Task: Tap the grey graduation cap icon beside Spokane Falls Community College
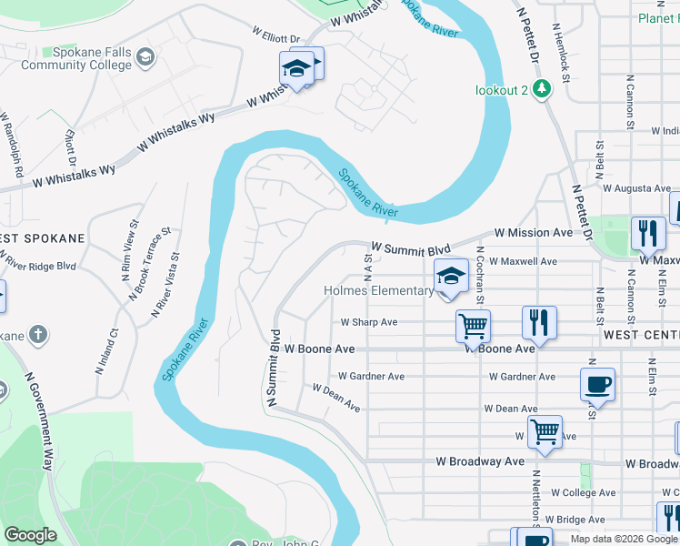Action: pyautogui.click(x=144, y=59)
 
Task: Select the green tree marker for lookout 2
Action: pyautogui.click(x=543, y=88)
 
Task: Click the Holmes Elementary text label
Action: pyautogui.click(x=379, y=291)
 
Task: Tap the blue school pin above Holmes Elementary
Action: pyautogui.click(x=451, y=276)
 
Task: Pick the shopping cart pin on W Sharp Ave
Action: pyautogui.click(x=473, y=325)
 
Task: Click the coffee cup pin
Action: pyautogui.click(x=597, y=384)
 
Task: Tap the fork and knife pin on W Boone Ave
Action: pyautogui.click(x=539, y=322)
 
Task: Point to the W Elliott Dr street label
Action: pyautogui.click(x=275, y=39)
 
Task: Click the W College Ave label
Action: pyautogui.click(x=582, y=492)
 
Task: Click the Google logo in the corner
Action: pyautogui.click(x=30, y=535)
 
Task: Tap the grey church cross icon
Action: pyautogui.click(x=38, y=335)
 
